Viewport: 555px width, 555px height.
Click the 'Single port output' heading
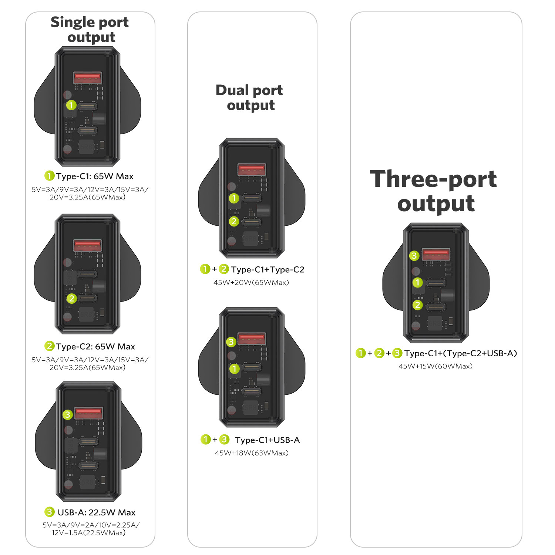(x=90, y=30)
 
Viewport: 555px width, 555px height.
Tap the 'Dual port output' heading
(x=250, y=98)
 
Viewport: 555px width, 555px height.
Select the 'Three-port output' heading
(x=434, y=191)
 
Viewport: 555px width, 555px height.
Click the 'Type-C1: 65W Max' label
(x=95, y=176)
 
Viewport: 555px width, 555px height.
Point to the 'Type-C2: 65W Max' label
(x=95, y=346)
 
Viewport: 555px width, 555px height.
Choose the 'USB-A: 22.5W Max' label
(x=97, y=512)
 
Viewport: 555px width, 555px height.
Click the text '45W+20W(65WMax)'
(x=251, y=283)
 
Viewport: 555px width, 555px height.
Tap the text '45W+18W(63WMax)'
(x=252, y=453)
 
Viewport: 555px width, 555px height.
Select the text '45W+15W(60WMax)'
(x=435, y=366)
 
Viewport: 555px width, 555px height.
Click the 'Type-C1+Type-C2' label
(x=268, y=269)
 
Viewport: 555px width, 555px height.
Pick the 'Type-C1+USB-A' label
(x=268, y=440)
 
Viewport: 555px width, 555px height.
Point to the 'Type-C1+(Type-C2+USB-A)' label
(x=461, y=353)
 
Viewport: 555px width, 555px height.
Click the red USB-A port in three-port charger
(x=436, y=255)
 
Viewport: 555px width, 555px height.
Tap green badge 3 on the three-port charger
(x=414, y=256)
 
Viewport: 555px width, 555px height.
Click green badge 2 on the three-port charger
(x=418, y=305)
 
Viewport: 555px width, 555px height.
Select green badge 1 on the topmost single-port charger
(x=71, y=105)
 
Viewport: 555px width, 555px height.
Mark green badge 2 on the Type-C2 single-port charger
(x=72, y=298)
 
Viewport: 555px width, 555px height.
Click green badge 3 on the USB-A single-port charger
(x=67, y=414)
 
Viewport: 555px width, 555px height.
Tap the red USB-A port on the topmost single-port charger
(x=88, y=78)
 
